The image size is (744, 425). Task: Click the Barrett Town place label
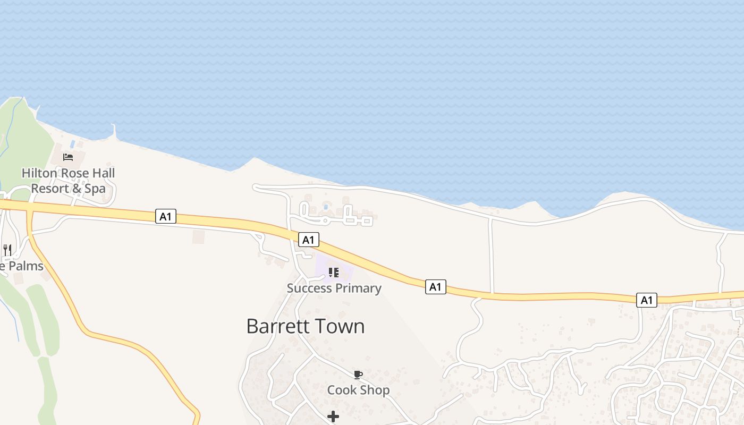306,326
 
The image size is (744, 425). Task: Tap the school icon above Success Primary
333,273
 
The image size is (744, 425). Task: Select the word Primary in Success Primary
356,288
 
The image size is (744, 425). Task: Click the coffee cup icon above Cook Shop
358,375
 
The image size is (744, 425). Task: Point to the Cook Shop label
358,390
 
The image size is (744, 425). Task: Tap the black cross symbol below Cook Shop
333,416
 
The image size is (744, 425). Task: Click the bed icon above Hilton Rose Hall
68,157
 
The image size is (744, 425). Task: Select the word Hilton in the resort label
40,173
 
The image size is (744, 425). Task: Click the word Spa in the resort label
95,189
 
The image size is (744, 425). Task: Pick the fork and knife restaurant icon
7,250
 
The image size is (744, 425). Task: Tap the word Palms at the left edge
26,266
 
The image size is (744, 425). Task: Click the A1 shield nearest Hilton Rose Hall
166,216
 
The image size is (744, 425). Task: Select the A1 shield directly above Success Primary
308,240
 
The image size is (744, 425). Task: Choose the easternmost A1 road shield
646,300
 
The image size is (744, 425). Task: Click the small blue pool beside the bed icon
72,144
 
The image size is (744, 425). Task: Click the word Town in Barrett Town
342,326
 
